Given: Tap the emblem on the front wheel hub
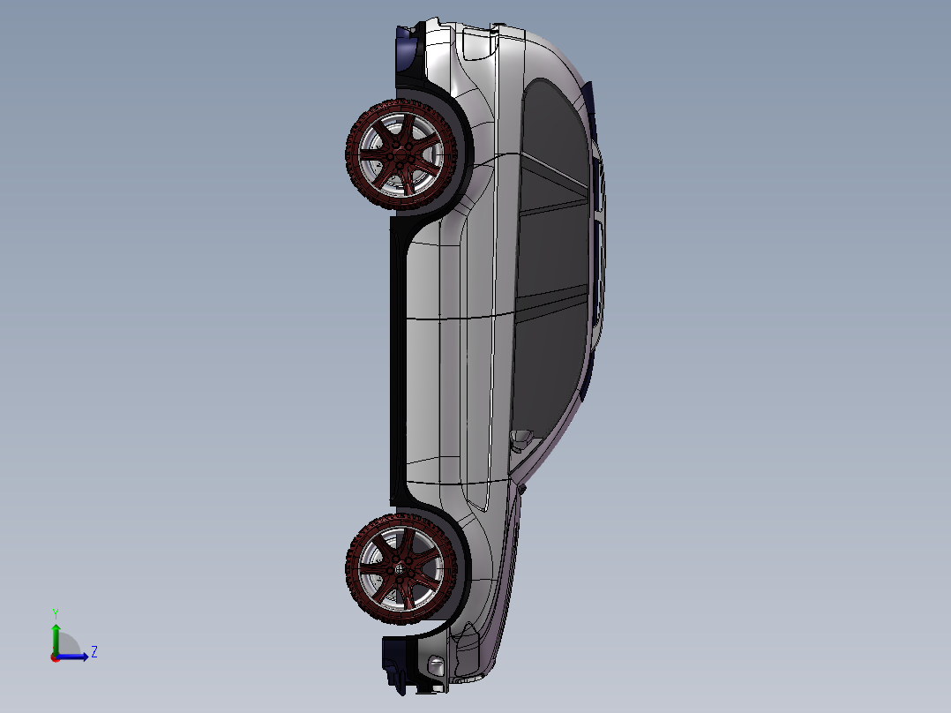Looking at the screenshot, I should pyautogui.click(x=398, y=569).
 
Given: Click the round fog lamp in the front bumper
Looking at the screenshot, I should pyautogui.click(x=433, y=666).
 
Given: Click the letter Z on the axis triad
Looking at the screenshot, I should pyautogui.click(x=94, y=652).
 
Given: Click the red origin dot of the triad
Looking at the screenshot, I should pyautogui.click(x=55, y=657).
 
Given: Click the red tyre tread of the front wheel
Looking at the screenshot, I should pyautogui.click(x=353, y=569).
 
